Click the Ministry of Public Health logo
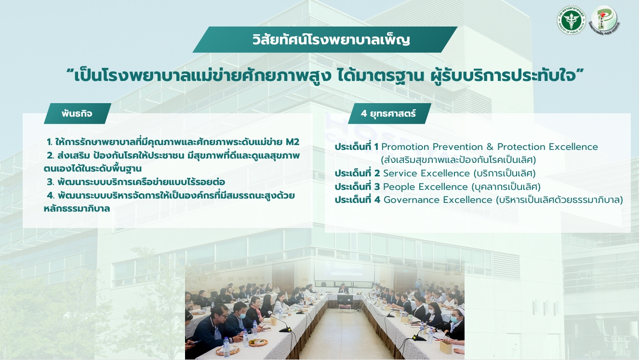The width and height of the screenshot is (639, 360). click(x=571, y=20)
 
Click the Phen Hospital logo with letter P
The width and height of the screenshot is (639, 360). click(x=604, y=19)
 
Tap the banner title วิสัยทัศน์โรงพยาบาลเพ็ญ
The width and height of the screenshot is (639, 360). click(x=331, y=40)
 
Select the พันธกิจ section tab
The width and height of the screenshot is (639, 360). click(x=77, y=114)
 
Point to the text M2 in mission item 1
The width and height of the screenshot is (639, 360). click(x=293, y=142)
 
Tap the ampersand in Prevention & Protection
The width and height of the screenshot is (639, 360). click(x=490, y=147)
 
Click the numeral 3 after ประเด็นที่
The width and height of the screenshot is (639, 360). click(x=377, y=187)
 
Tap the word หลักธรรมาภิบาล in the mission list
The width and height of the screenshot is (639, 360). click(x=77, y=209)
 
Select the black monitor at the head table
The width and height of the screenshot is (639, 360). click(x=345, y=299)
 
